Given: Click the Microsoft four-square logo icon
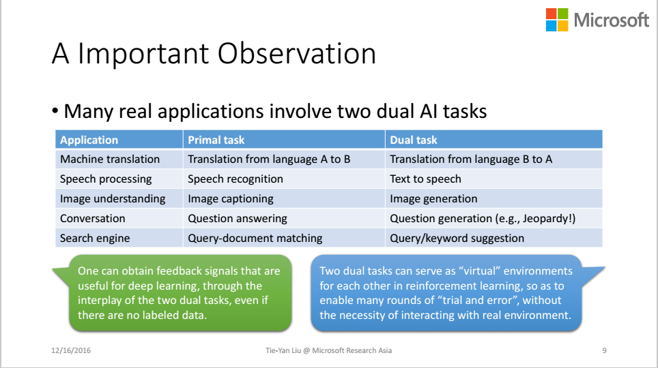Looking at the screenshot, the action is click(x=557, y=20).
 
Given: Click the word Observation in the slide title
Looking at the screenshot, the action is click(x=297, y=54).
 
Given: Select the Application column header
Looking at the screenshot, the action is click(x=89, y=140).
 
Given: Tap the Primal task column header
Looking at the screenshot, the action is click(x=216, y=140).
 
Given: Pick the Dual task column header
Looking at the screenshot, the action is click(x=414, y=140).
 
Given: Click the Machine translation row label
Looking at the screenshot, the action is click(x=110, y=159).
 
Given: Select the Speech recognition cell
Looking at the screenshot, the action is click(x=235, y=179).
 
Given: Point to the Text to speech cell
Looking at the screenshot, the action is click(x=425, y=179).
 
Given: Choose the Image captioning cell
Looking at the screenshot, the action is click(x=231, y=199).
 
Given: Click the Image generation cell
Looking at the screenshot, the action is click(x=433, y=199).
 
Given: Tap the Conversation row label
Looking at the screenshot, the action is click(x=93, y=218).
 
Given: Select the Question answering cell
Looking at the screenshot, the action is click(x=238, y=218).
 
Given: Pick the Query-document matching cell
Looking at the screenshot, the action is click(x=255, y=238).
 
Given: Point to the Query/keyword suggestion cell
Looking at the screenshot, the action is click(x=457, y=238).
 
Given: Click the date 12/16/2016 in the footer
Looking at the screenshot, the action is click(x=71, y=350).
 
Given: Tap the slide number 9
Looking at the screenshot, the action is click(x=604, y=350).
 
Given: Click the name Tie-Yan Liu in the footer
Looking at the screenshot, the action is click(x=283, y=350).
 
